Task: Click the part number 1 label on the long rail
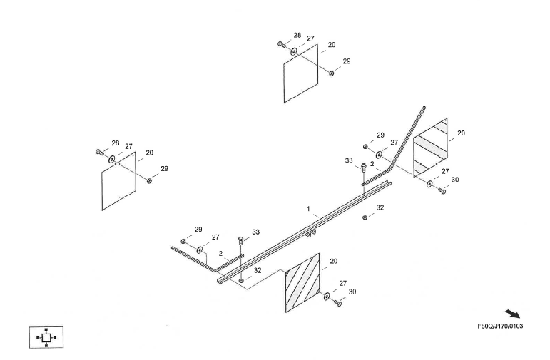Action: click(x=308, y=210)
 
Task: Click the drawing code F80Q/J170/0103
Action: click(x=500, y=326)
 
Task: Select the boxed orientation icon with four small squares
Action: click(x=46, y=336)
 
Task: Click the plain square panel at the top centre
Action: click(x=300, y=74)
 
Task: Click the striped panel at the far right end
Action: click(x=430, y=147)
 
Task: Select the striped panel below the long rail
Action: click(x=302, y=282)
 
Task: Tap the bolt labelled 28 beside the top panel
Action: click(x=282, y=44)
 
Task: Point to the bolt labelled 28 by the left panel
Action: click(x=99, y=152)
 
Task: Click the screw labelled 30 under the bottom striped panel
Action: click(x=338, y=303)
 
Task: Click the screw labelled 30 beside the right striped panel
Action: click(x=442, y=191)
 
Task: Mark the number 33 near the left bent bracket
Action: click(x=256, y=232)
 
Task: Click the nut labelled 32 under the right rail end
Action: click(x=365, y=217)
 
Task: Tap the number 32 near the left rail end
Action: click(x=258, y=271)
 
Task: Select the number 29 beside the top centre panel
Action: click(x=347, y=61)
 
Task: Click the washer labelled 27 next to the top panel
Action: click(x=294, y=51)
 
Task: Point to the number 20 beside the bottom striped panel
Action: click(x=333, y=262)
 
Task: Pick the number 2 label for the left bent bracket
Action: click(x=221, y=253)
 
